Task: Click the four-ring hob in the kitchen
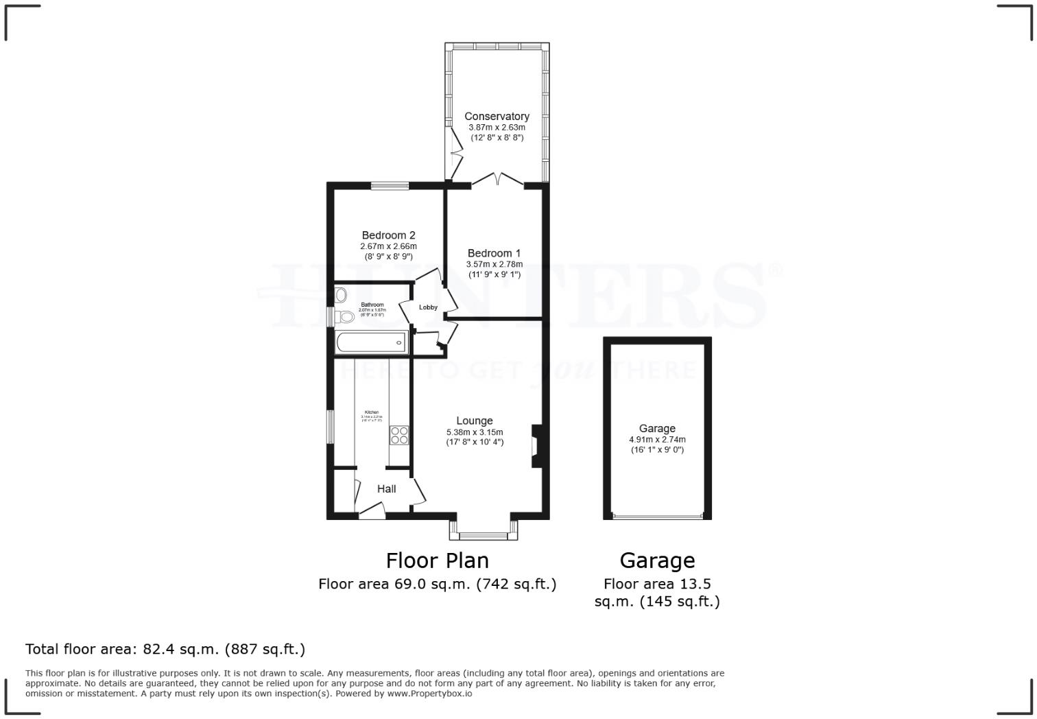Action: [x=399, y=435]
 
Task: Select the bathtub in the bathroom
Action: [x=371, y=342]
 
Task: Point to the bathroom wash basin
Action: [x=342, y=295]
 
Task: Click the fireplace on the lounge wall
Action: [x=536, y=446]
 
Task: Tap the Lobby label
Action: [x=428, y=307]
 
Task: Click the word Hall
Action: [x=386, y=489]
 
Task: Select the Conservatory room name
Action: [x=497, y=117]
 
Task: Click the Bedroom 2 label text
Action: [x=388, y=235]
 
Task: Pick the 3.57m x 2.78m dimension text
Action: [x=494, y=264]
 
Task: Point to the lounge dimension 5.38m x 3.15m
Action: [x=475, y=432]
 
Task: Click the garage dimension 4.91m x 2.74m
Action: [x=657, y=440]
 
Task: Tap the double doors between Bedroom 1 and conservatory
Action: [x=498, y=180]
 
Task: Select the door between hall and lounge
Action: [x=418, y=492]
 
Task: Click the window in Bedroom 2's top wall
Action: [x=390, y=185]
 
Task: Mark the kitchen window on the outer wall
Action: [x=330, y=427]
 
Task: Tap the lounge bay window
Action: [x=484, y=534]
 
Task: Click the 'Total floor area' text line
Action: [x=165, y=649]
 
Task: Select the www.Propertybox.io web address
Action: [x=429, y=694]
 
